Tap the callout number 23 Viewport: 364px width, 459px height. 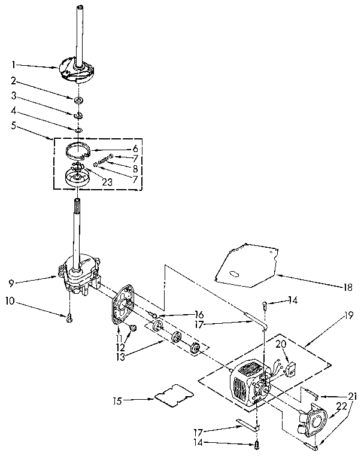pyautogui.click(x=108, y=183)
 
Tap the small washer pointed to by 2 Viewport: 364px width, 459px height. pyautogui.click(x=80, y=98)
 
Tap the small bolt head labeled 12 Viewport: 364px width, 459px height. pyautogui.click(x=134, y=327)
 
